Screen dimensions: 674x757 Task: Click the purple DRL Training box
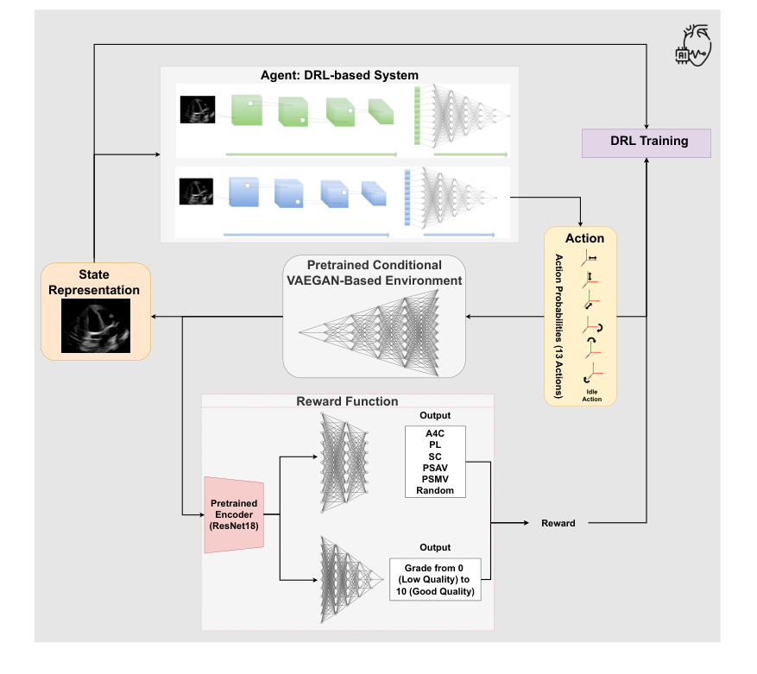point(647,142)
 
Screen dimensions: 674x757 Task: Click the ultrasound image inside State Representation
point(96,325)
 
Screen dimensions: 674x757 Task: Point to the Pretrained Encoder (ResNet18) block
point(233,514)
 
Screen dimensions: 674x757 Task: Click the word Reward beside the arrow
point(558,523)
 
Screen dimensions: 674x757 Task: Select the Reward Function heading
point(347,401)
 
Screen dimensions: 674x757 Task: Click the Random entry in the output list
point(434,490)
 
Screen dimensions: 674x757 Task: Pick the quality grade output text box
point(434,580)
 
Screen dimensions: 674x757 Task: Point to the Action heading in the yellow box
point(584,238)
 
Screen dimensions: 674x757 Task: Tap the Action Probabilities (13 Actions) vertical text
point(558,325)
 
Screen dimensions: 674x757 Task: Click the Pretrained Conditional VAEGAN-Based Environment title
point(374,273)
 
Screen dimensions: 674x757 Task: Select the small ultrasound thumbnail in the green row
point(197,109)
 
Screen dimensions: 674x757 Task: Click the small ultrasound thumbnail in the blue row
point(195,190)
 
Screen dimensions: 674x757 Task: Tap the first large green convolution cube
point(245,111)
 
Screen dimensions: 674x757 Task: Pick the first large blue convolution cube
point(243,192)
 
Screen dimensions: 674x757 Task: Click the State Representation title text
point(96,283)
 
